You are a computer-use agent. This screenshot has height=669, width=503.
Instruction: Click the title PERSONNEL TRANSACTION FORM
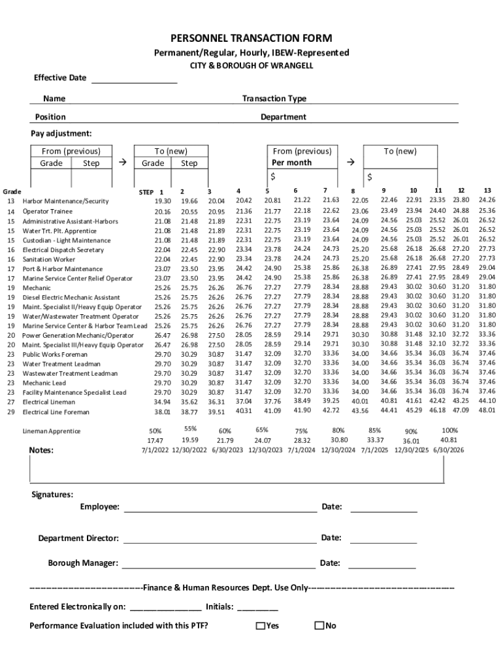(x=252, y=39)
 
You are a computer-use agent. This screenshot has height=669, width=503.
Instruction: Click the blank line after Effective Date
(x=134, y=80)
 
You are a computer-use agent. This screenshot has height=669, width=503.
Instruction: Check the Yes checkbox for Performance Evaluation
(x=260, y=626)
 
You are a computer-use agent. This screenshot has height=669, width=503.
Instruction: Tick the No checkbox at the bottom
(x=319, y=626)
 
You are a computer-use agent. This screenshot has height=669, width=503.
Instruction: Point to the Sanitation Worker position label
(x=49, y=259)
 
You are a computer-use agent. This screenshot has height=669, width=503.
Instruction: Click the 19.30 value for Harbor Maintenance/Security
(x=162, y=201)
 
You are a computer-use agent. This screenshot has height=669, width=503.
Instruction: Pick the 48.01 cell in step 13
(x=487, y=410)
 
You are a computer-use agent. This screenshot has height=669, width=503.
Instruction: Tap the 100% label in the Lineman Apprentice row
(x=449, y=431)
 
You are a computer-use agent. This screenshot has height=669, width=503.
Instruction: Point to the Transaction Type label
(x=274, y=99)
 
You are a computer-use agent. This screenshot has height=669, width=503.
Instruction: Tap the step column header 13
(x=487, y=190)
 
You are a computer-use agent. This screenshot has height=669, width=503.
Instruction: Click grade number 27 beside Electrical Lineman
(x=11, y=402)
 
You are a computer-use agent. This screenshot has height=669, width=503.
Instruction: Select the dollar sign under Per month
(x=273, y=177)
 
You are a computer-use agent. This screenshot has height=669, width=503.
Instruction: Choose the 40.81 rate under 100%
(x=449, y=440)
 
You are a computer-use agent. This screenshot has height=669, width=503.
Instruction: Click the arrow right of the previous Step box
(x=122, y=162)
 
